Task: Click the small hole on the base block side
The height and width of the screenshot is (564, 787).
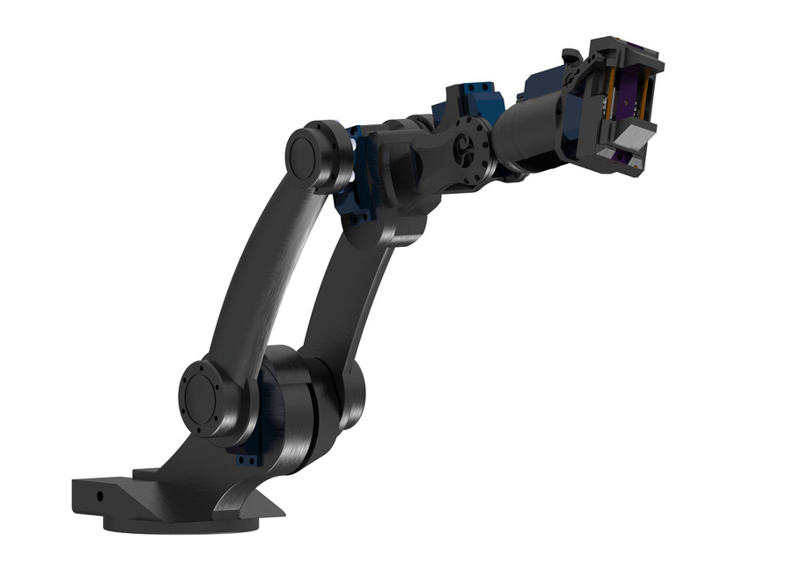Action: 99,495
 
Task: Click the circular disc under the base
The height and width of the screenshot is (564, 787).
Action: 176,523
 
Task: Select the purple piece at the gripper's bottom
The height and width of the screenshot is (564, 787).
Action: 624,160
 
